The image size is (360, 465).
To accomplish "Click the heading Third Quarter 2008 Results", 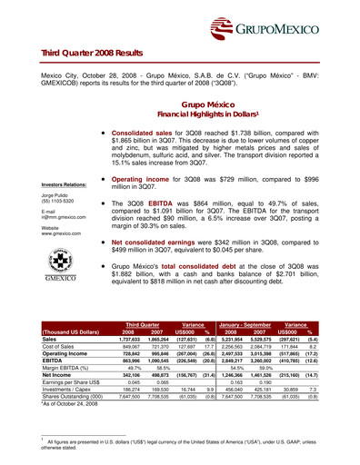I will [x=91, y=54].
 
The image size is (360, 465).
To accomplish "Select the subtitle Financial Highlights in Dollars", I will [x=204, y=116].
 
